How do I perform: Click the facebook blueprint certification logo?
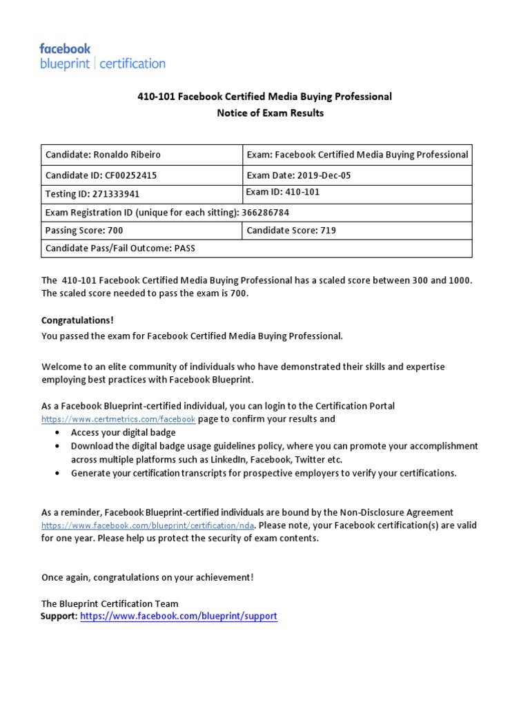[x=102, y=57]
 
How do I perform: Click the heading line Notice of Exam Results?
[x=270, y=113]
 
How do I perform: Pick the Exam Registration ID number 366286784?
[x=276, y=213]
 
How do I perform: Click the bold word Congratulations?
[x=77, y=320]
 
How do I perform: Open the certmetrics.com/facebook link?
[x=118, y=419]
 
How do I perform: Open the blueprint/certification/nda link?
[x=148, y=525]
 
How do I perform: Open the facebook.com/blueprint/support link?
[x=179, y=616]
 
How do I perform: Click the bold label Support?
[x=59, y=616]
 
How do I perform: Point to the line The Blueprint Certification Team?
[x=110, y=603]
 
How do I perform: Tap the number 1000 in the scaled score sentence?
[x=460, y=280]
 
